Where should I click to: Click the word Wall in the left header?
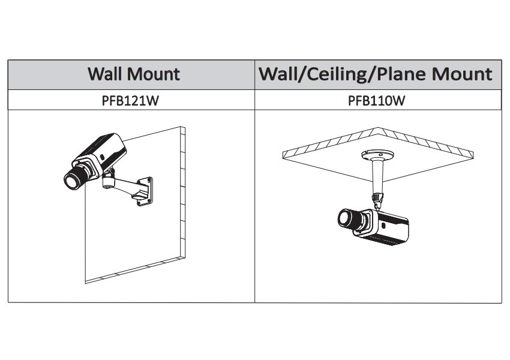pos(106,74)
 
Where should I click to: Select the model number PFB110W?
pos(377,101)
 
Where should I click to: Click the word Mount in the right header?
pos(461,74)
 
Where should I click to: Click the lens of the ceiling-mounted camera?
pos(346,219)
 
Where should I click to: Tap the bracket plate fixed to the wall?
pos(146,187)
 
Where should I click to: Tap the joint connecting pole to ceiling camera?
pos(376,197)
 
